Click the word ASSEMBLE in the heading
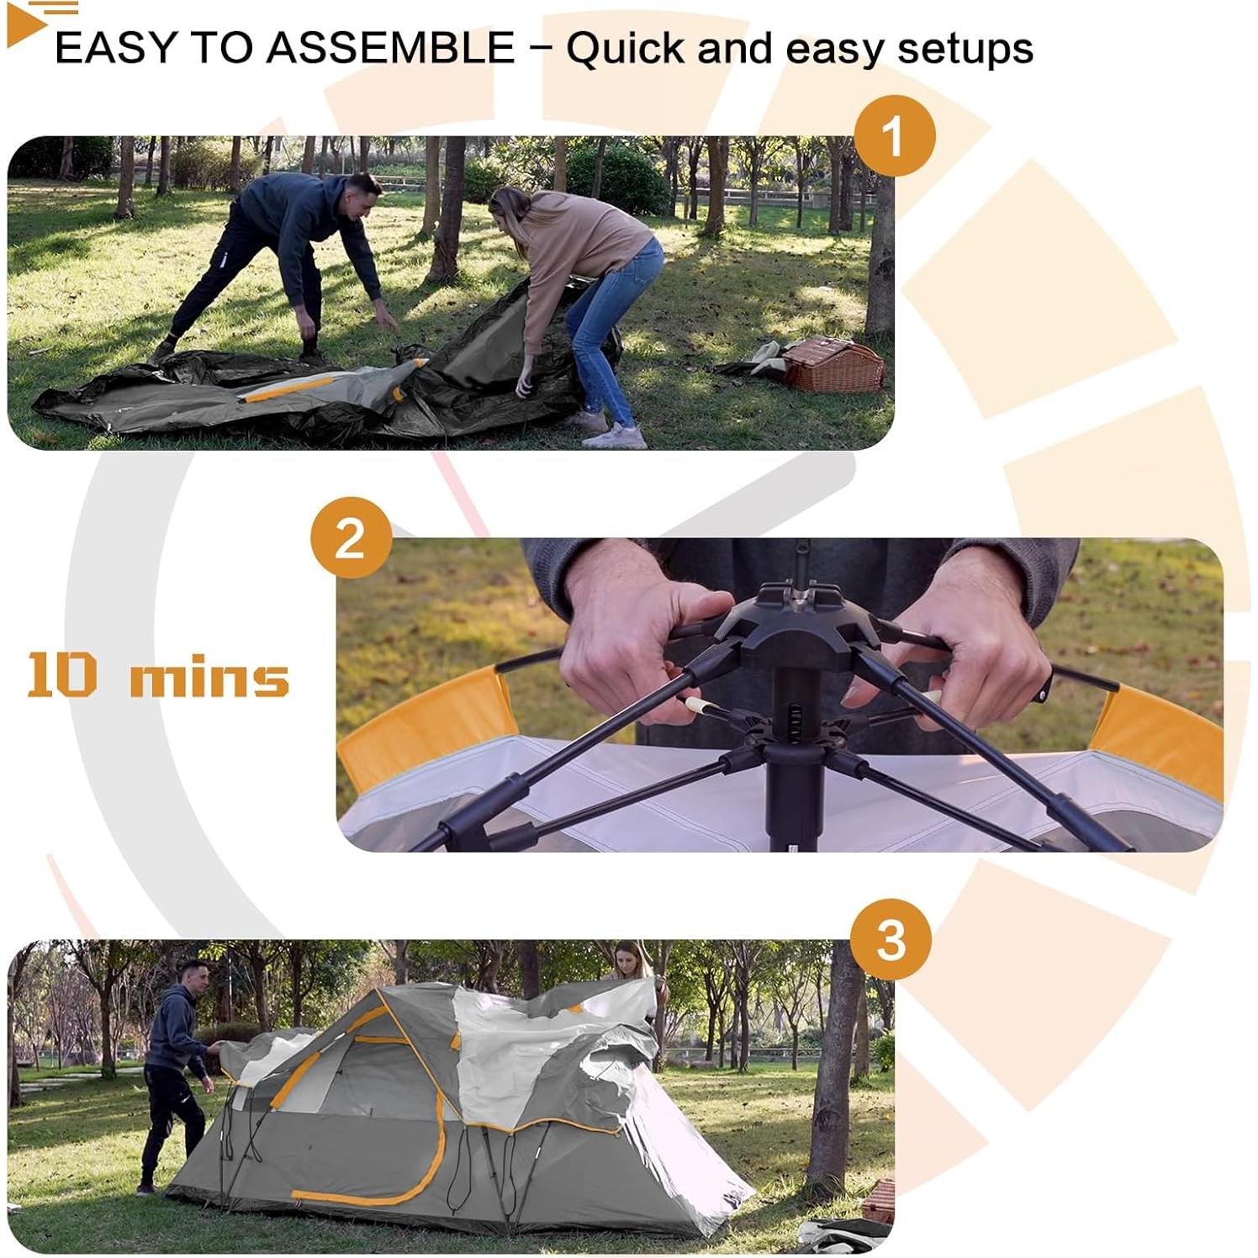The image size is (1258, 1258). tap(390, 48)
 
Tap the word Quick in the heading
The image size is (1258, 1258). tap(626, 49)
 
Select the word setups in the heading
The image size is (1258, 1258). tap(965, 49)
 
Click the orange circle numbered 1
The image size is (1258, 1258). tap(894, 135)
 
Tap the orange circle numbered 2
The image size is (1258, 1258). tap(351, 538)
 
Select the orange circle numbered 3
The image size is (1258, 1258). tap(891, 939)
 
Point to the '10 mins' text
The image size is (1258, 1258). tap(158, 676)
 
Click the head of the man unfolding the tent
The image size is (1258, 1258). tap(362, 193)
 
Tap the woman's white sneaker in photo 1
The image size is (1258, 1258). tap(616, 436)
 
